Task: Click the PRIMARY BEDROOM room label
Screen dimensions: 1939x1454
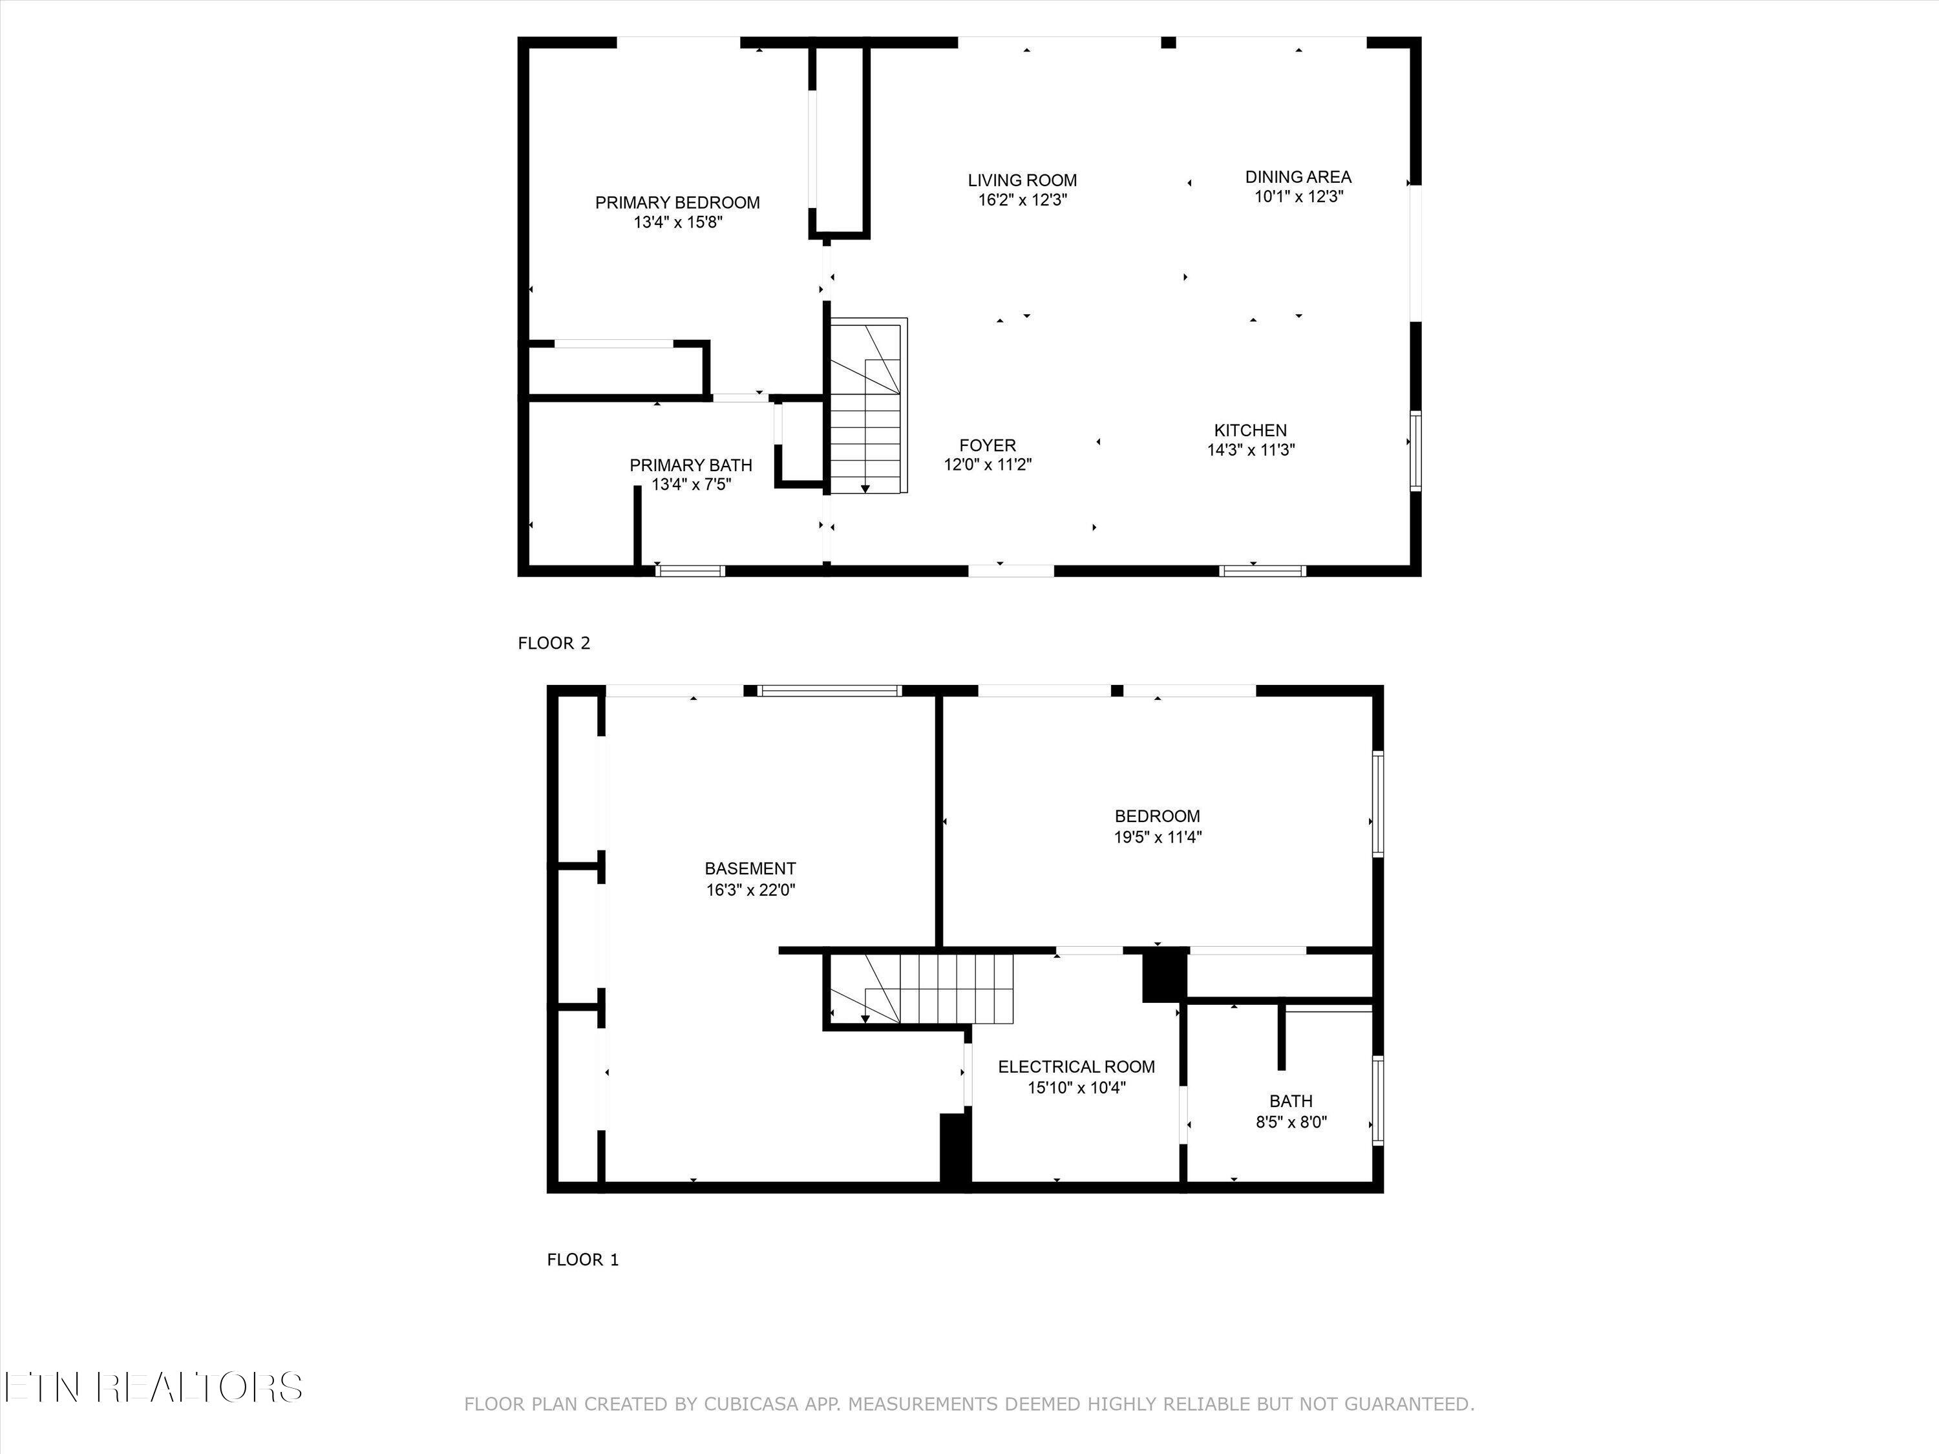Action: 677,202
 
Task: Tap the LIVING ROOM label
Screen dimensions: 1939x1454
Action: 1022,180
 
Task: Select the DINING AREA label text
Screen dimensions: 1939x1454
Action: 1298,177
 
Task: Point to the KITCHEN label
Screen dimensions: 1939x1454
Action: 1250,430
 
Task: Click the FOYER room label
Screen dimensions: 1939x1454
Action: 988,445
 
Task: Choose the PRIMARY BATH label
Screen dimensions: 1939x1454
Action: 691,465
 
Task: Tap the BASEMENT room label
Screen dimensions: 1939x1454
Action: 750,869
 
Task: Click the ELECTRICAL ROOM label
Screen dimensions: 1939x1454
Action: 1076,1067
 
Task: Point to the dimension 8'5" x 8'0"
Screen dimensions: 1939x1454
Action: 1291,1122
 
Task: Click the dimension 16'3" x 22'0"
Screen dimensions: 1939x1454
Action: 750,890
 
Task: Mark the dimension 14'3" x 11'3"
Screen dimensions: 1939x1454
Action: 1251,450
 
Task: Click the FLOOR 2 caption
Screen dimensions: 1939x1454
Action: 554,643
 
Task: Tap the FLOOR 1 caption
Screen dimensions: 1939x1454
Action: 583,1259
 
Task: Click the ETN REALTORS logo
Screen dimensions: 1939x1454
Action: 153,1387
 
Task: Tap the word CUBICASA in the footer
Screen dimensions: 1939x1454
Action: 751,1404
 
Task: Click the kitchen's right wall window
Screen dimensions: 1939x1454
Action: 1415,450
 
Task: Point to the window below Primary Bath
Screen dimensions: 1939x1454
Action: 691,571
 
